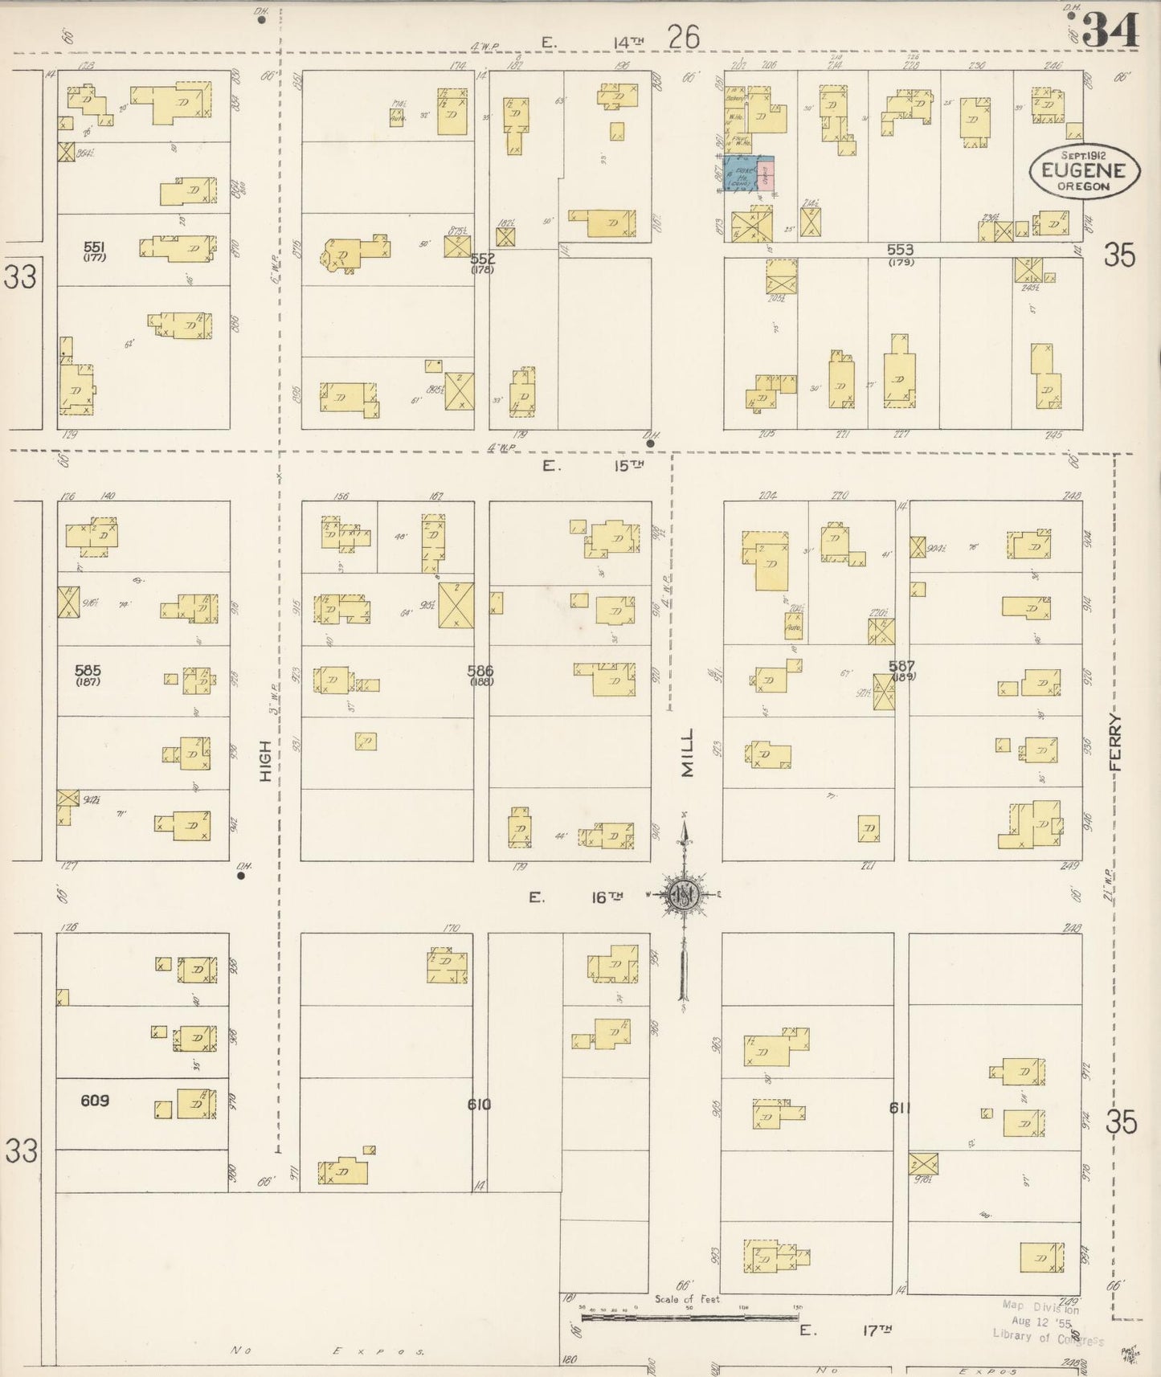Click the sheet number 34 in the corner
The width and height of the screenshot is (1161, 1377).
1111,31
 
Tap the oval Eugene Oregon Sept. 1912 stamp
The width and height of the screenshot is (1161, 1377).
1084,170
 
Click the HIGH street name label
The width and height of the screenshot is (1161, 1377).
266,761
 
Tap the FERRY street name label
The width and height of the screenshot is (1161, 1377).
1115,743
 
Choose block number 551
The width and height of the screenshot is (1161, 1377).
95,247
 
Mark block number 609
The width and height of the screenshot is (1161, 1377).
94,1101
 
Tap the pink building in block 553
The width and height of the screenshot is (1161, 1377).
767,173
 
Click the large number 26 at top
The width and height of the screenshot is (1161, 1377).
683,36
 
